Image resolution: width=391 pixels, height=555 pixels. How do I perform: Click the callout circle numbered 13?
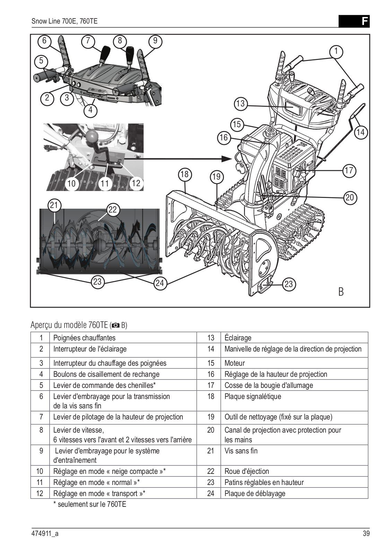(240, 103)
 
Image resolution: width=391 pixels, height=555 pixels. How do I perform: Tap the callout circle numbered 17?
(349, 170)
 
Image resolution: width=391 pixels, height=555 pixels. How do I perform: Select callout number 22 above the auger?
(113, 210)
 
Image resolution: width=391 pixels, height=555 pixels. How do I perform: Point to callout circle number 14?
(360, 132)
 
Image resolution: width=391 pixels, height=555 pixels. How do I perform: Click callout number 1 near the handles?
(336, 52)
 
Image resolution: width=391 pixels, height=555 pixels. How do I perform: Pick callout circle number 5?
(41, 61)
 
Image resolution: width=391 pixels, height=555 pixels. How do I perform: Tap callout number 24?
(159, 283)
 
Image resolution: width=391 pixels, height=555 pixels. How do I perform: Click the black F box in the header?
(354, 21)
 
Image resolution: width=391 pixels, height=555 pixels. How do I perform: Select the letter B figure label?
(341, 292)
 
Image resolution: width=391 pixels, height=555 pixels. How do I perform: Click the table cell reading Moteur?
(235, 363)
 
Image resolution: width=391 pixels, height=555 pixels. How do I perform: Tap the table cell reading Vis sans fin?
(241, 451)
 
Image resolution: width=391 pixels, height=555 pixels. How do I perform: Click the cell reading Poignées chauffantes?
(84, 338)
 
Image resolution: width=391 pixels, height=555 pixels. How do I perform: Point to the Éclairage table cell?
(238, 338)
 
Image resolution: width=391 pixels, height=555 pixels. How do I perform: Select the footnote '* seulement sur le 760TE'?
(90, 504)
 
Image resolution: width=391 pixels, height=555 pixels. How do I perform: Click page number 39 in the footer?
(366, 534)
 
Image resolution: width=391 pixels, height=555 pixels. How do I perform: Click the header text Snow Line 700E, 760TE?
(64, 21)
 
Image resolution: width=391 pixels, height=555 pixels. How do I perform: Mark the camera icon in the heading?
(116, 326)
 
